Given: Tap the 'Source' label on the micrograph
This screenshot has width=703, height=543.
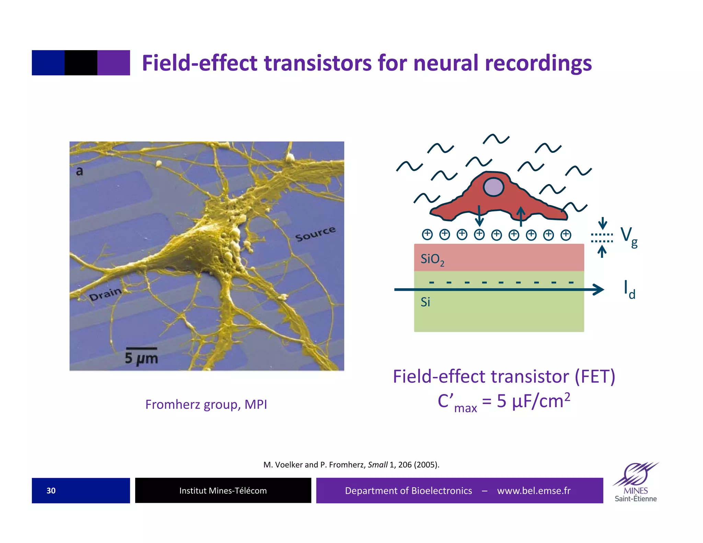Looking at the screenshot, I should pyautogui.click(x=315, y=233).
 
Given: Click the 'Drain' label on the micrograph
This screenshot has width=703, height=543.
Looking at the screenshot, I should pyautogui.click(x=105, y=294).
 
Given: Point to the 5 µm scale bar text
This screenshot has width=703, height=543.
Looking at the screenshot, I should pyautogui.click(x=141, y=358).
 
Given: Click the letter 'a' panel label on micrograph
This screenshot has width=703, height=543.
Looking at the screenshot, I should pyautogui.click(x=79, y=171).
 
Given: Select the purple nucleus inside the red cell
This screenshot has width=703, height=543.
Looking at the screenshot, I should pyautogui.click(x=493, y=187).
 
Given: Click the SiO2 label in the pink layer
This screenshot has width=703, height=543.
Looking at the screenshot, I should pyautogui.click(x=432, y=259).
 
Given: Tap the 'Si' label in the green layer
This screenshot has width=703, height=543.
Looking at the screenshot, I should pyautogui.click(x=425, y=302).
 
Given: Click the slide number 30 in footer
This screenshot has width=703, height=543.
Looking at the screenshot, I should pyautogui.click(x=51, y=490).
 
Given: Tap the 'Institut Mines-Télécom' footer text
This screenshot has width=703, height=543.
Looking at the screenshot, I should pyautogui.click(x=223, y=490).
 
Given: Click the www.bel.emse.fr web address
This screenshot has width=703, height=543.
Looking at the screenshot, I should pyautogui.click(x=533, y=490).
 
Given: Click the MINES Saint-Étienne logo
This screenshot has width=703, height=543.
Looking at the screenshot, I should pyautogui.click(x=636, y=482).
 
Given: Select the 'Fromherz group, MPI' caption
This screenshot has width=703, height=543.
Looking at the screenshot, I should pyautogui.click(x=206, y=404).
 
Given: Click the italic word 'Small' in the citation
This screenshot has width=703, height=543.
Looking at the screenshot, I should pyautogui.click(x=378, y=465).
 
